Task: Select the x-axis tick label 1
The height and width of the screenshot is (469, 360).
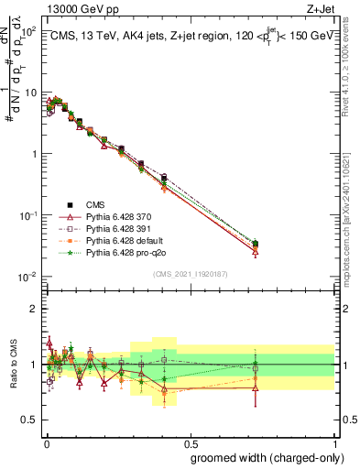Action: tap(334, 447)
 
